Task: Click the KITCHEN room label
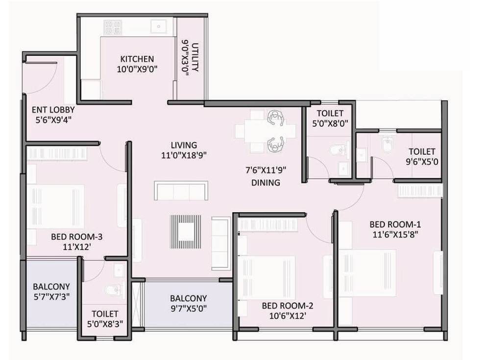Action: click(137, 59)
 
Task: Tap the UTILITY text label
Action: click(195, 57)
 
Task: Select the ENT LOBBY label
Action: click(53, 110)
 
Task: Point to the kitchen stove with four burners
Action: click(113, 27)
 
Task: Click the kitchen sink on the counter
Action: click(159, 26)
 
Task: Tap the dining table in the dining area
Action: click(266, 131)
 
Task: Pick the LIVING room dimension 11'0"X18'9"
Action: click(184, 155)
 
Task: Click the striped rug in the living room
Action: click(185, 232)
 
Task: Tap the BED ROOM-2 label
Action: click(288, 306)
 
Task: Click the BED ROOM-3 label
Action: click(77, 237)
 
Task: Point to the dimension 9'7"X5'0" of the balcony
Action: click(189, 308)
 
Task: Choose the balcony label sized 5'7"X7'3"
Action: click(51, 291)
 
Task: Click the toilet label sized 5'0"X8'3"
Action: click(105, 319)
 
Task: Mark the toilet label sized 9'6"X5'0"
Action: click(422, 157)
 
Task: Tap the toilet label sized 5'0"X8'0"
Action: click(330, 119)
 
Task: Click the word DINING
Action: click(266, 183)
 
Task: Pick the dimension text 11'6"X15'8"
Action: click(395, 235)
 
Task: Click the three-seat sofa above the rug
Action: click(181, 191)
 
